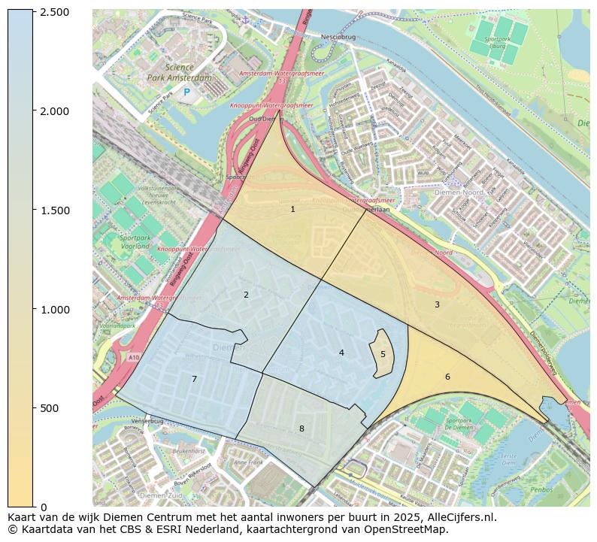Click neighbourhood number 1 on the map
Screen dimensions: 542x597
pos(292,209)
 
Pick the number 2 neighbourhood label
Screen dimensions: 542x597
pos(246,295)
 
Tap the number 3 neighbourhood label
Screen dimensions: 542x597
pos(437,304)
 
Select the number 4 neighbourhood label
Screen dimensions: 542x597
pos(341,353)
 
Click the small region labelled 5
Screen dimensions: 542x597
pos(383,354)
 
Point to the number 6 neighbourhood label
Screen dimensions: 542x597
pos(447,377)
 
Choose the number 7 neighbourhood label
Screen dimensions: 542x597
pos(194,379)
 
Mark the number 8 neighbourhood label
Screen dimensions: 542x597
pos(302,428)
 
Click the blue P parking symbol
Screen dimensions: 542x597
pos(186,92)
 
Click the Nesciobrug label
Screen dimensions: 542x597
pos(337,36)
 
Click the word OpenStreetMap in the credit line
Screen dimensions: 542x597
pos(411,529)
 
